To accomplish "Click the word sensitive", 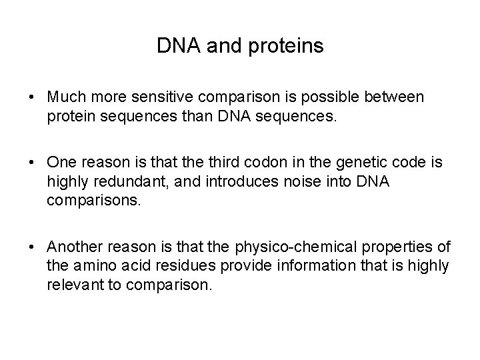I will (x=146, y=97).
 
